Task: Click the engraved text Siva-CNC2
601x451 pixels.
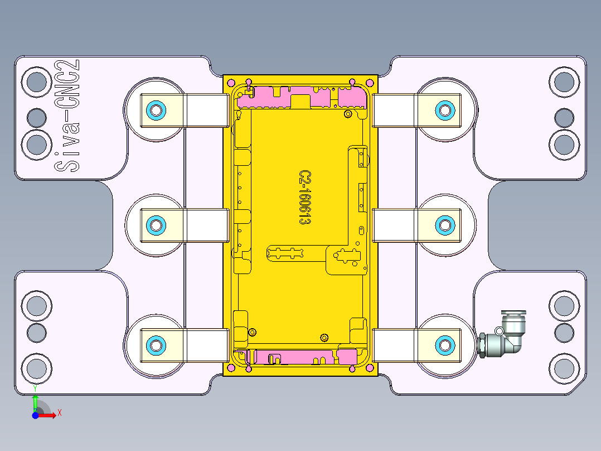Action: [x=66, y=116]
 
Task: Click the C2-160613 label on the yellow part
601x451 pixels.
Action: [x=304, y=198]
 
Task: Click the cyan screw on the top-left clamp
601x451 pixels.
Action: [x=156, y=110]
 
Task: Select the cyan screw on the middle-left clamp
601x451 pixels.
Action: [x=156, y=226]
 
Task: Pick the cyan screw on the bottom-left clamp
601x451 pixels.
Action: [x=156, y=345]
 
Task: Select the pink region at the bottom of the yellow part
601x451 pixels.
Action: [x=301, y=357]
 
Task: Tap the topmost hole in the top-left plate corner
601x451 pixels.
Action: [x=37, y=82]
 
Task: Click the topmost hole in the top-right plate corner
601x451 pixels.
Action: [x=564, y=82]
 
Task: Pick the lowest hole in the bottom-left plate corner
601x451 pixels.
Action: [x=37, y=369]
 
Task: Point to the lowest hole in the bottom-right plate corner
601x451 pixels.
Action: [x=564, y=369]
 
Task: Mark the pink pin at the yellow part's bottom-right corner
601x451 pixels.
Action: [x=371, y=368]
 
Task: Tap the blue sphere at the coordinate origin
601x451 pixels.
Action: [x=35, y=415]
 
